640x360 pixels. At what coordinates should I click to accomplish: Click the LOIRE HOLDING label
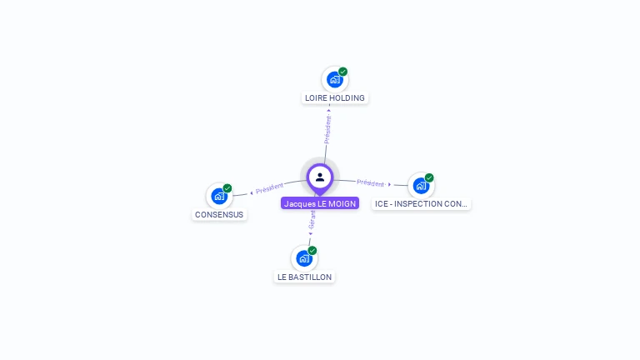pos(334,97)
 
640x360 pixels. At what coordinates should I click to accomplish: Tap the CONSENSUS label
pos(219,214)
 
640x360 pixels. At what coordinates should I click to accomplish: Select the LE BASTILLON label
pos(304,277)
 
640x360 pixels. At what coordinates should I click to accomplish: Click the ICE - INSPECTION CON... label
pos(421,203)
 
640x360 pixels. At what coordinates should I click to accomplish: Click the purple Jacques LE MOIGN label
pos(320,203)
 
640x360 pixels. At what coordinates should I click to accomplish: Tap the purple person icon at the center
pos(320,177)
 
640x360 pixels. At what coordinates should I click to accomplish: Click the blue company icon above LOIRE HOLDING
pos(334,79)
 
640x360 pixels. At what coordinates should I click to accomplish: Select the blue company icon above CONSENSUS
pos(219,196)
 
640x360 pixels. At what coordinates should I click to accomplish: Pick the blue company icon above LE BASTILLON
pos(304,258)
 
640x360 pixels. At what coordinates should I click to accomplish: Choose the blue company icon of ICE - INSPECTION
pos(421,185)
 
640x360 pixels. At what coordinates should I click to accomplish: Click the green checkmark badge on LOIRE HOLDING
pos(342,72)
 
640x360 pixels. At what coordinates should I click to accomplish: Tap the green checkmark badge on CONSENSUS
pos(227,188)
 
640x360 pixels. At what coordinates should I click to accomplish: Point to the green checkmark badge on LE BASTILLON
pos(312,251)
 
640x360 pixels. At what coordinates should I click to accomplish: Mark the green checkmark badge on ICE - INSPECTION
pos(429,177)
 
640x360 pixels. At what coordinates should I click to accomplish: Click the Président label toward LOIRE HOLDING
pos(328,129)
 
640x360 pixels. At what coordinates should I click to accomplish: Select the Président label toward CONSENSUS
pos(269,188)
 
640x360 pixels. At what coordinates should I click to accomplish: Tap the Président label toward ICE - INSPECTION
pos(371,182)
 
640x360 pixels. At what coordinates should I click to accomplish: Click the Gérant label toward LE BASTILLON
pos(312,219)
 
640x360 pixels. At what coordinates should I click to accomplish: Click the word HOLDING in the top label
pos(347,97)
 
